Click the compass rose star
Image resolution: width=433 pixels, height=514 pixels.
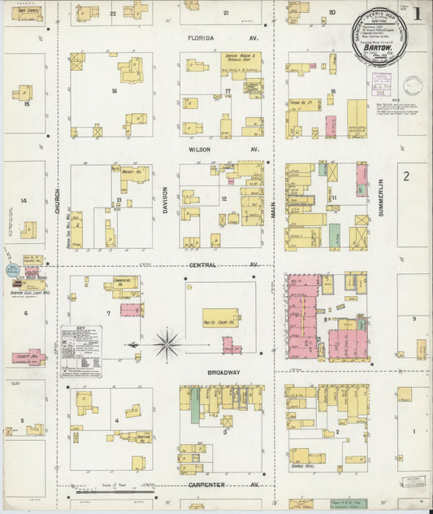click(167, 344)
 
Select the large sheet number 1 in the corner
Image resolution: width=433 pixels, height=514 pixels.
click(417, 13)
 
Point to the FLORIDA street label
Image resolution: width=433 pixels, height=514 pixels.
click(200, 38)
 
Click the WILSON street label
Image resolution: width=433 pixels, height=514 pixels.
click(199, 150)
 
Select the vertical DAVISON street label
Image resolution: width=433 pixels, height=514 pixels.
click(165, 201)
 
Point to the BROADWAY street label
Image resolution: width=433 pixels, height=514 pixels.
click(223, 372)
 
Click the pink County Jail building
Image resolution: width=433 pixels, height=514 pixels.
click(28, 357)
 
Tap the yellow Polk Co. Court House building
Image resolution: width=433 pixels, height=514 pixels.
click(220, 319)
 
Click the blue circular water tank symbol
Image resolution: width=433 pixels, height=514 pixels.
click(13, 268)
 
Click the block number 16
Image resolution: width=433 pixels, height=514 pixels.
click(115, 92)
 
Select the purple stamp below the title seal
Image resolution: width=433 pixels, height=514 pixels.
click(382, 84)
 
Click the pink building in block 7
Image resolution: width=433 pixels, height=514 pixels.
click(131, 309)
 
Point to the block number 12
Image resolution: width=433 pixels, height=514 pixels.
click(223, 199)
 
